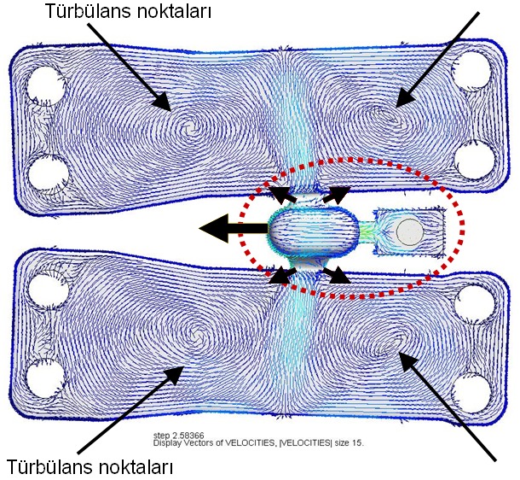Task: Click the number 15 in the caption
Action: pos(357,444)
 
